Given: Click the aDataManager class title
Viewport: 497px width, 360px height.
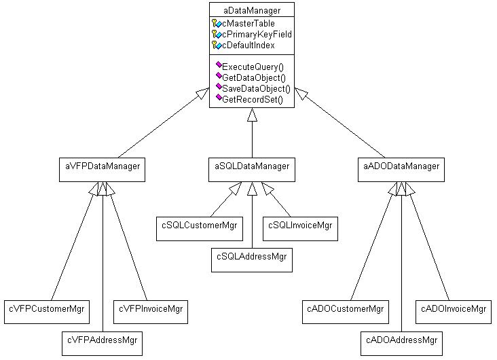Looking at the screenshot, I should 251,10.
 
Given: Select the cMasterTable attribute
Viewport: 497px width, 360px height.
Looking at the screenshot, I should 248,24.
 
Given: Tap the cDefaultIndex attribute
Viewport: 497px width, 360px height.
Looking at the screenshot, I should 248,45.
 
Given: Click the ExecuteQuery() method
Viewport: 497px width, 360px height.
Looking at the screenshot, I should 253,67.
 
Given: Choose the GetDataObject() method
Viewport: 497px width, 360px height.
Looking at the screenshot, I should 253,78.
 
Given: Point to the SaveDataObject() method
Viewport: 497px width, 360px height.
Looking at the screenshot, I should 256,89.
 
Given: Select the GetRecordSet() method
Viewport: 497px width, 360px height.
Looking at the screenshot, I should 252,100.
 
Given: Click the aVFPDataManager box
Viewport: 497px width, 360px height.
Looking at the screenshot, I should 102,166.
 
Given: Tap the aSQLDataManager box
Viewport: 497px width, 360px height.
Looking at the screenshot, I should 252,166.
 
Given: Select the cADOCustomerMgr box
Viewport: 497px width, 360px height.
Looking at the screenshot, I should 344,310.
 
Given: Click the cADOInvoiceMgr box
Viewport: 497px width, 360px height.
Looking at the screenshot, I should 454,310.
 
